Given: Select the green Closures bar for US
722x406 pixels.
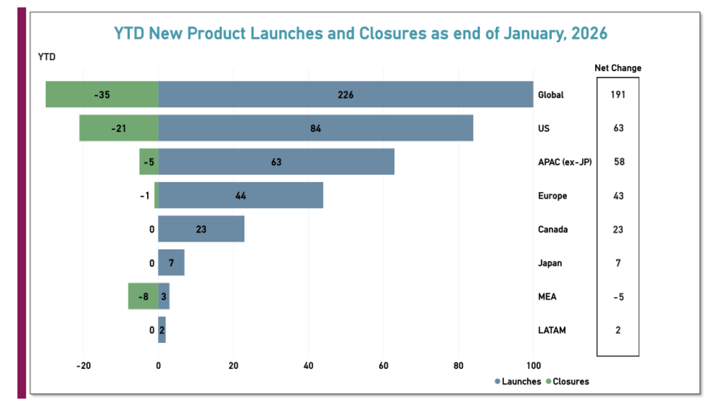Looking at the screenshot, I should pyautogui.click(x=118, y=128).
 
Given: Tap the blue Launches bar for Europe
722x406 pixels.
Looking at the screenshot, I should pyautogui.click(x=282, y=195).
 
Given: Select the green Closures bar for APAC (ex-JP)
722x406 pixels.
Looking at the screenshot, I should pyautogui.click(x=148, y=162).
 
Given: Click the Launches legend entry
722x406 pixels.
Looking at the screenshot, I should pyautogui.click(x=518, y=382).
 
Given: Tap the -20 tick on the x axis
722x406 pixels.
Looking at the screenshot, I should pyautogui.click(x=83, y=365).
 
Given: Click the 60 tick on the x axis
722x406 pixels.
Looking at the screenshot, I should pyautogui.click(x=384, y=365).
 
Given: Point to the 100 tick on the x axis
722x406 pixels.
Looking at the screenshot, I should pyautogui.click(x=533, y=365).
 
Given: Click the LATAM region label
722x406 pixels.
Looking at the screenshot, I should pyautogui.click(x=552, y=330).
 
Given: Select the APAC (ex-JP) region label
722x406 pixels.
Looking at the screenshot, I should pyautogui.click(x=565, y=162).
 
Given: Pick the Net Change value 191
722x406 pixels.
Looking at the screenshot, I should pyautogui.click(x=618, y=94).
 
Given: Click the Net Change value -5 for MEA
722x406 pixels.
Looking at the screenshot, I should pyautogui.click(x=618, y=297).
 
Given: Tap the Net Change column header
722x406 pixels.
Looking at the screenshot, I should pyautogui.click(x=618, y=68).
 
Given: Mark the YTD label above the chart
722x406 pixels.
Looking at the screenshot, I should pyautogui.click(x=46, y=57).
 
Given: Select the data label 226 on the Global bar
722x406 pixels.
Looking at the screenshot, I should pyautogui.click(x=346, y=95).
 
